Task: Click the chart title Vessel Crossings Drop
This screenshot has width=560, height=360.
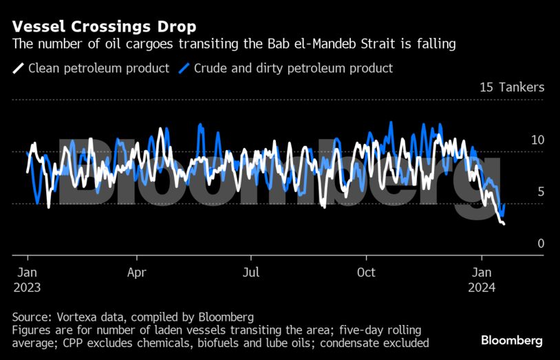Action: [x=104, y=27]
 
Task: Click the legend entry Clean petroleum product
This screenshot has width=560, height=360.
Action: [x=98, y=68]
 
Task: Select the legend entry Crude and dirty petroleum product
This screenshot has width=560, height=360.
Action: [x=293, y=68]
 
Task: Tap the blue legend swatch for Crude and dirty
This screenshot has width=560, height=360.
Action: [x=184, y=68]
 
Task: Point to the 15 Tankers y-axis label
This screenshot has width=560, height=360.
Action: [x=512, y=87]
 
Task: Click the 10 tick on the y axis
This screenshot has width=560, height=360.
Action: [x=537, y=140]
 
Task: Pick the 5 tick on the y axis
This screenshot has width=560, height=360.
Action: [x=541, y=191]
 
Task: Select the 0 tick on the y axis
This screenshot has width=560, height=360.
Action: [x=541, y=244]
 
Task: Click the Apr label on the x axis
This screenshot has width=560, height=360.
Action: [x=136, y=272]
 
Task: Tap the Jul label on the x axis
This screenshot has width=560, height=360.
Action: [x=251, y=272]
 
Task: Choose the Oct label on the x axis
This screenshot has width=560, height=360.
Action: [x=366, y=272]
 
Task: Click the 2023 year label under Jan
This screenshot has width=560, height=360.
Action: [x=27, y=288]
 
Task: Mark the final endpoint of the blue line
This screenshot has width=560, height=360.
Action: [x=505, y=204]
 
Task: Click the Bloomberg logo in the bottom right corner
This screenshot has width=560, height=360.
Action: [x=511, y=340]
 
